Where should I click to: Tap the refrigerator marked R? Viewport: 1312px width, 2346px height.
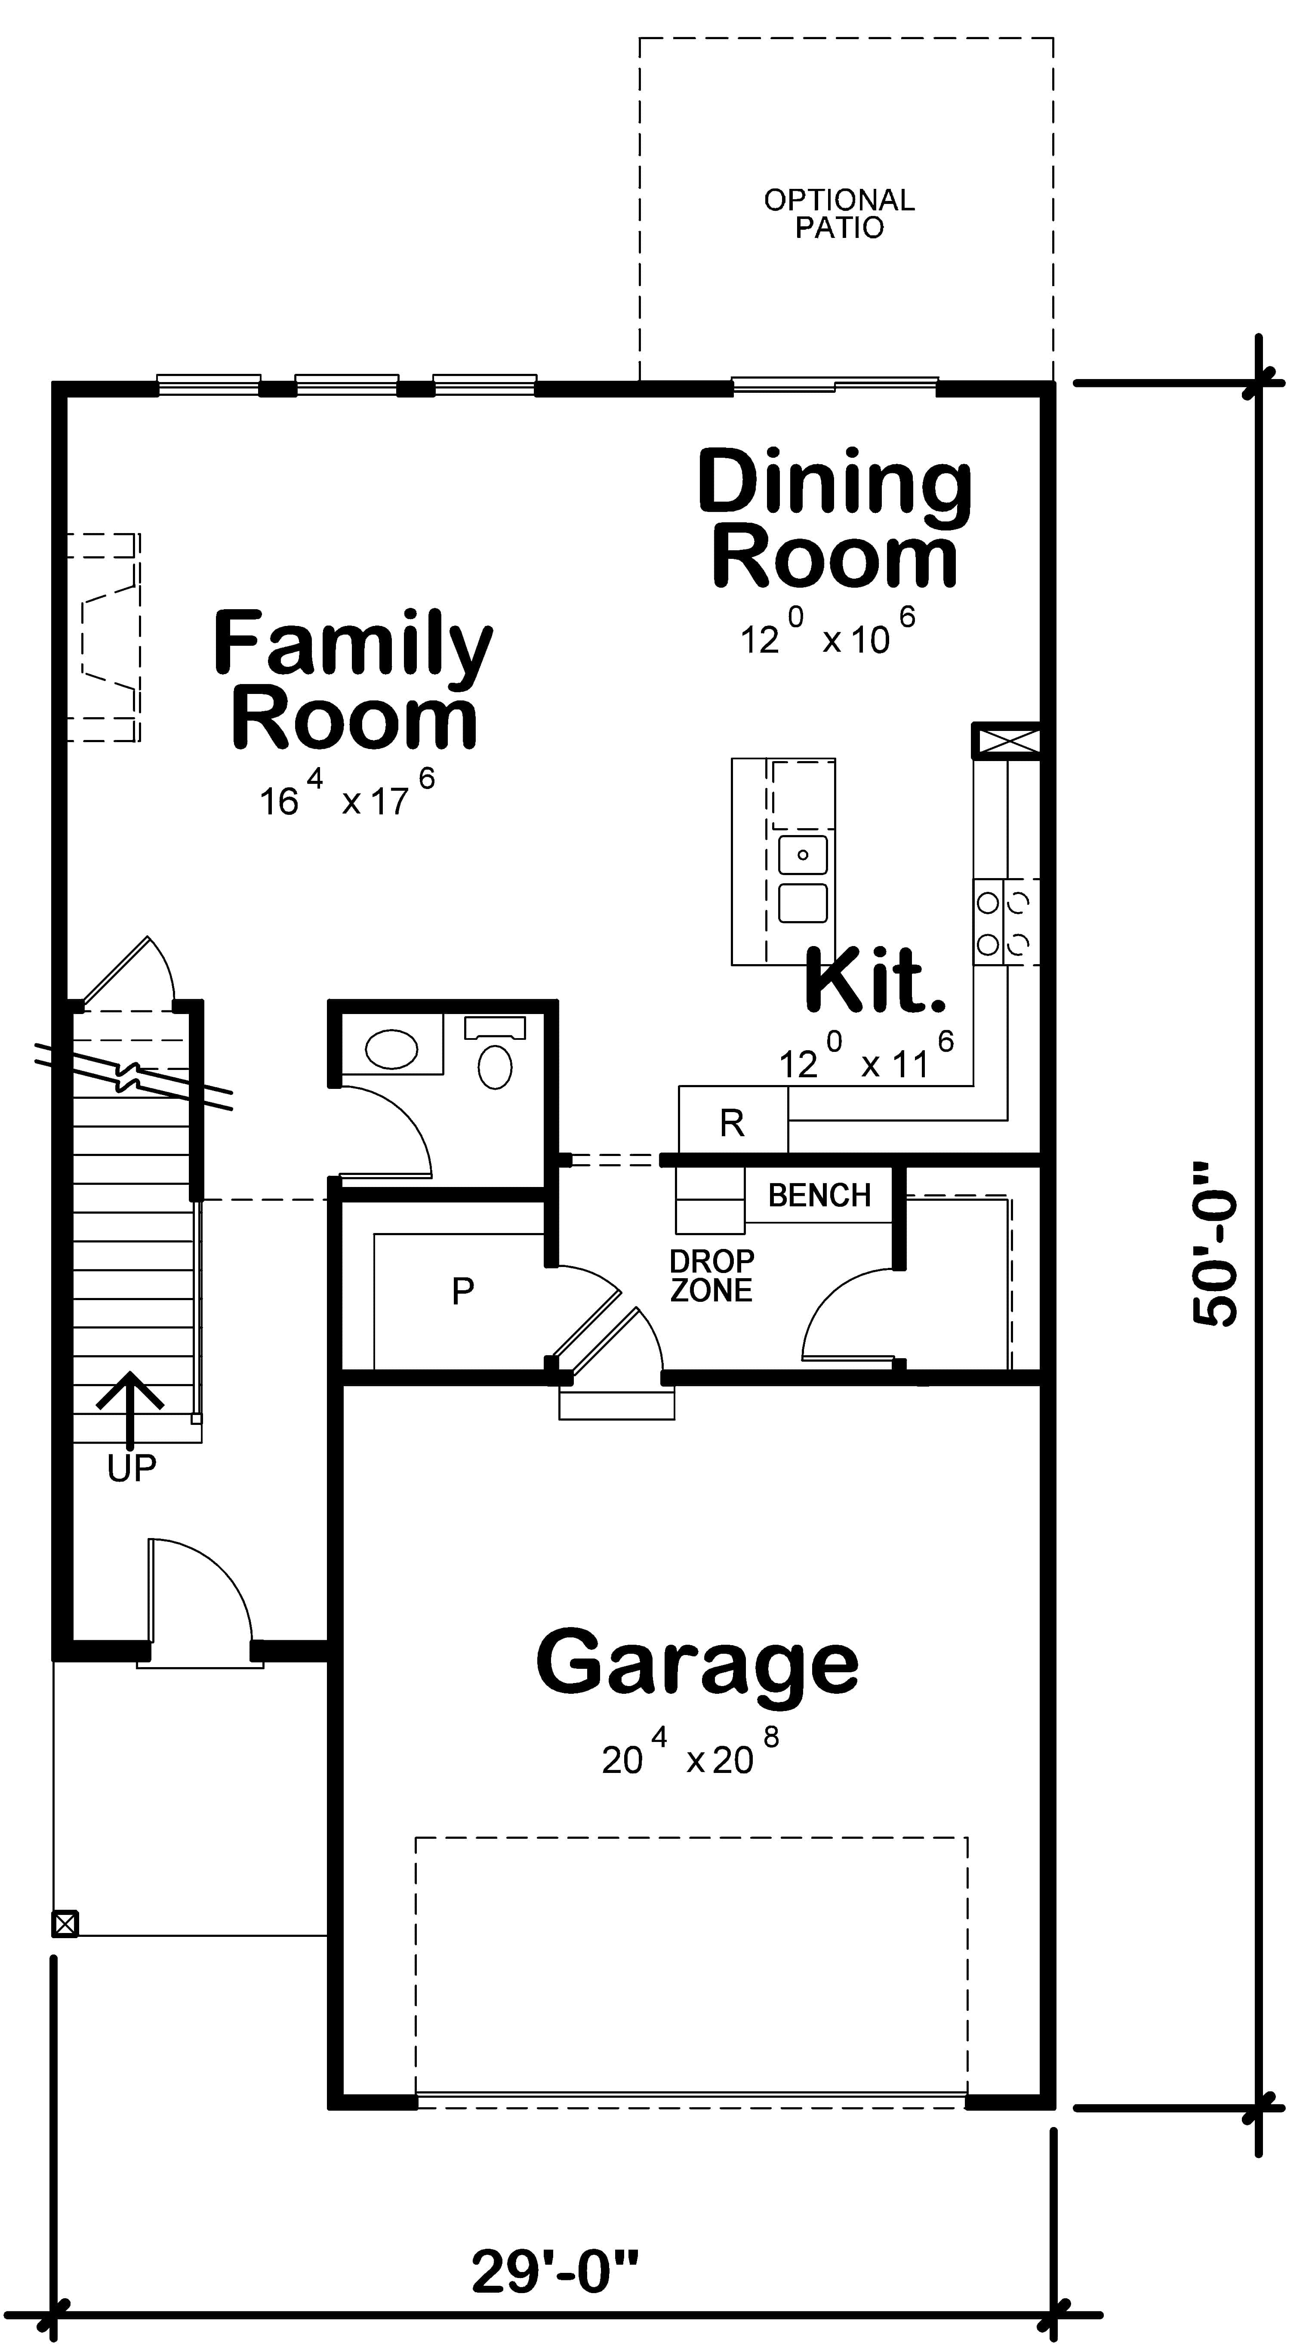coord(732,1123)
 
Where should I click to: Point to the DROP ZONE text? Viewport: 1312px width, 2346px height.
coord(711,1275)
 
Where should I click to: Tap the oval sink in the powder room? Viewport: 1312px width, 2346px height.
coord(391,1050)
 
